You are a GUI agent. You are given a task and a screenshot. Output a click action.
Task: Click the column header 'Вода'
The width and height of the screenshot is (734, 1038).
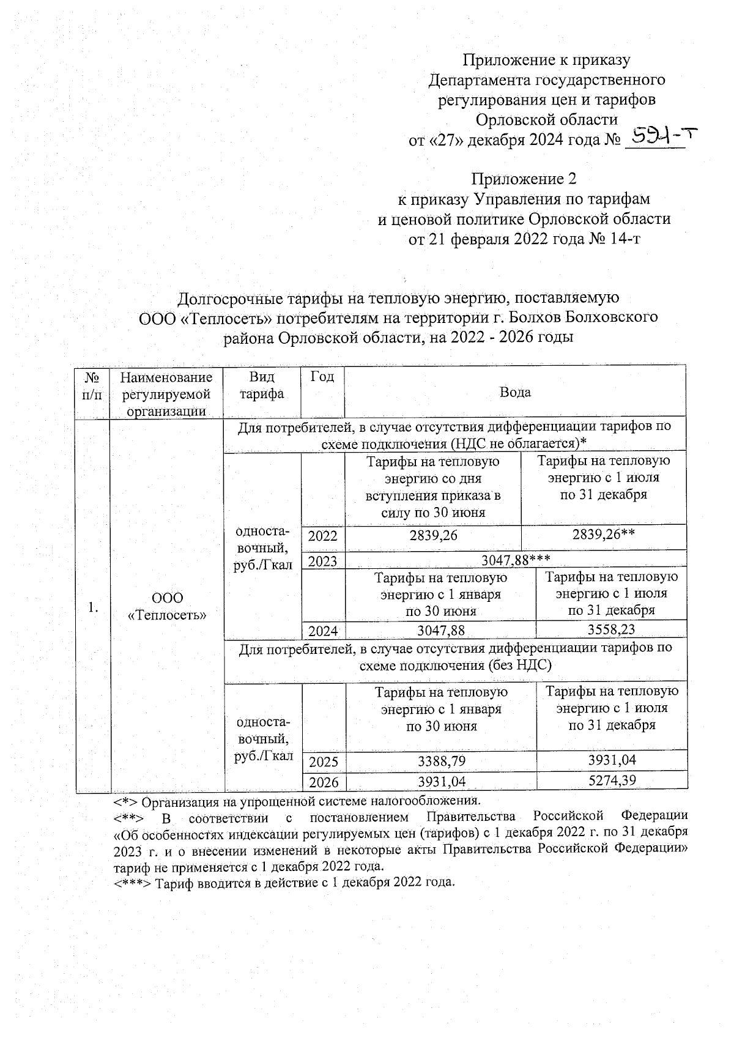515,393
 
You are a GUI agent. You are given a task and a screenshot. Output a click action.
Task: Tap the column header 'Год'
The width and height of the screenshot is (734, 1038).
322,377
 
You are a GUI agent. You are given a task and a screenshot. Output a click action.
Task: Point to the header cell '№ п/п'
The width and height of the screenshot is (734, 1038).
92,385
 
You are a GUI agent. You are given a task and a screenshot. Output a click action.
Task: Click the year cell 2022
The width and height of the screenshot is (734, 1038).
323,536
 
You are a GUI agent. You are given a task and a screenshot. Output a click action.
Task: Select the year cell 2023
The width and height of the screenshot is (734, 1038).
323,561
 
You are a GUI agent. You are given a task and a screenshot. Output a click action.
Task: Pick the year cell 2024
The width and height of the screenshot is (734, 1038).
324,631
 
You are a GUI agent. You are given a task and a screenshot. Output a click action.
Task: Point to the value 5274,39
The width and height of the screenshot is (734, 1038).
612,780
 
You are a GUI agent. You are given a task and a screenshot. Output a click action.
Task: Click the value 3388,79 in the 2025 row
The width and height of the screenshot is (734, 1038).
440,761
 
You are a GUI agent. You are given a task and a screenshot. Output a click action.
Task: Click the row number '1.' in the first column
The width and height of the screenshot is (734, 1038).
92,607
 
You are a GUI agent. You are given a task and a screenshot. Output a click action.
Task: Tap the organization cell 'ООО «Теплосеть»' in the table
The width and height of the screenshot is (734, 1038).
167,607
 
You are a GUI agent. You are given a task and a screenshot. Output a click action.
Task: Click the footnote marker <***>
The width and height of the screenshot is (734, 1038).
133,883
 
